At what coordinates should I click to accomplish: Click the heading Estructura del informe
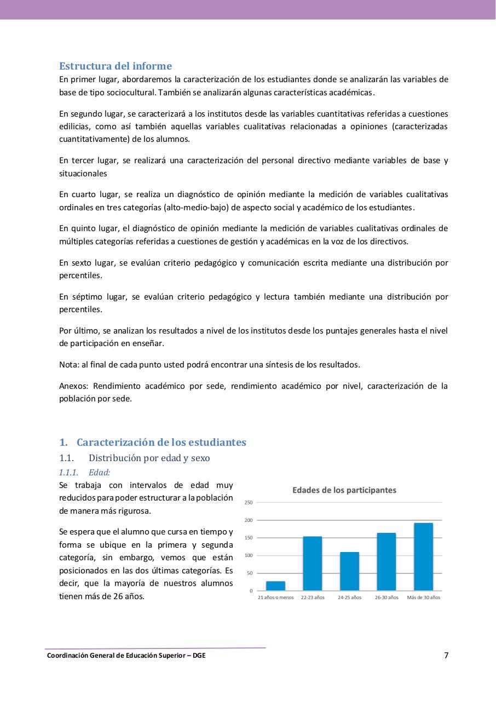116,66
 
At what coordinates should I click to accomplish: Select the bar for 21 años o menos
275,586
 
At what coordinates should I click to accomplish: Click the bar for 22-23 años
312,564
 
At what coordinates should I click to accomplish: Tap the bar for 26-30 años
386,562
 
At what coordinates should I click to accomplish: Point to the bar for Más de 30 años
423,557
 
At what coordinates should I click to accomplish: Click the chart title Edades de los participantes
344,490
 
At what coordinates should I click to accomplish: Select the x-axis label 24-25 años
349,597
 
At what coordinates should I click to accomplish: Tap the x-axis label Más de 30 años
423,597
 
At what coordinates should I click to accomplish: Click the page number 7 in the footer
446,655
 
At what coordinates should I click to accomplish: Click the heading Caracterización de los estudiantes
161,442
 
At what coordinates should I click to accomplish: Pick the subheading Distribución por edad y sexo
149,458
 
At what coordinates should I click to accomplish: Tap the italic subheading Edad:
99,472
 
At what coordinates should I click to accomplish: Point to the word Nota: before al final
69,365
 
